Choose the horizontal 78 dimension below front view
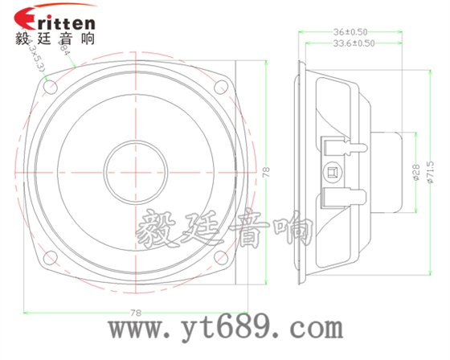pyautogui.click(x=134, y=312)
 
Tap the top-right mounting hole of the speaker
pyautogui.click(x=220, y=84)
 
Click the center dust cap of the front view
pyautogui.click(x=135, y=170)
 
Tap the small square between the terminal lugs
pyautogui.click(x=331, y=171)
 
